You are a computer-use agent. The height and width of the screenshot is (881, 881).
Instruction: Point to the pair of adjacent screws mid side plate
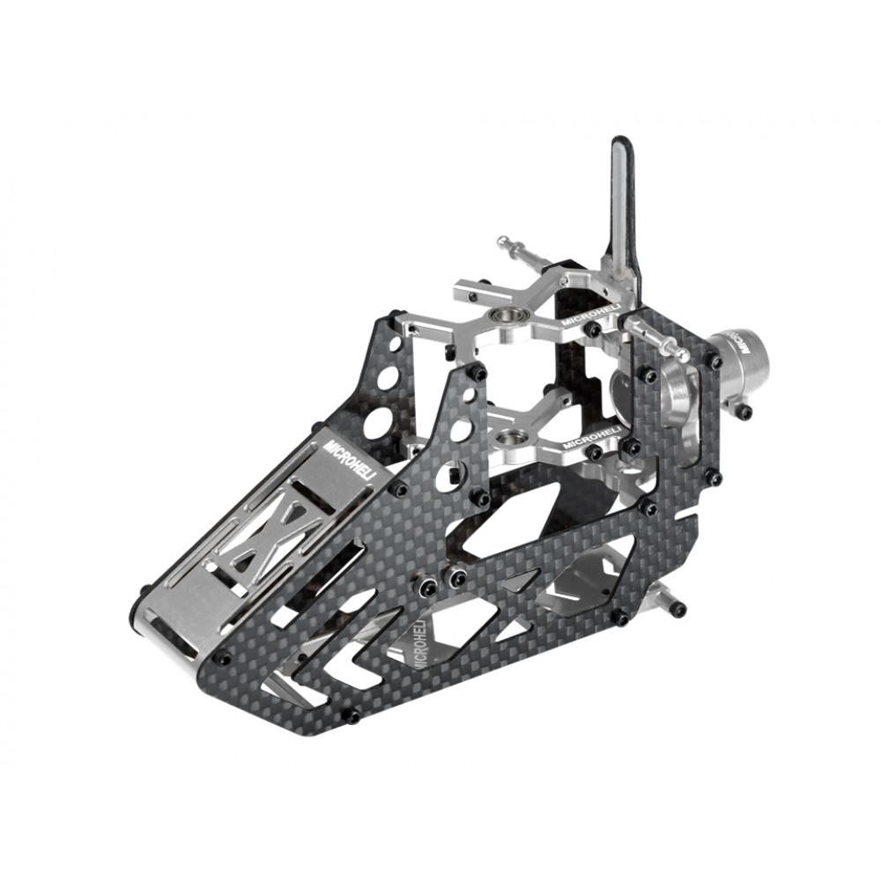click(443, 579)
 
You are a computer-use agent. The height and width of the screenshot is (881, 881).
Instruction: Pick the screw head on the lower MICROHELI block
click(595, 451)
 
